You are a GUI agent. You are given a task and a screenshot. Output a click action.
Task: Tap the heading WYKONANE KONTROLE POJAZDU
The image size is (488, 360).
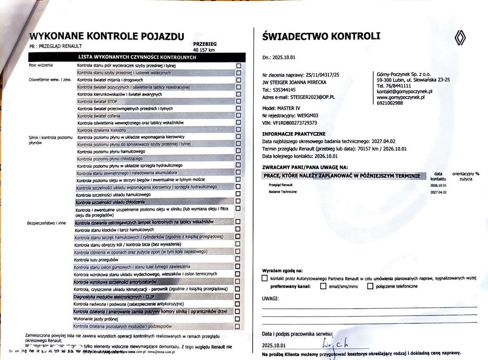(x=107, y=36)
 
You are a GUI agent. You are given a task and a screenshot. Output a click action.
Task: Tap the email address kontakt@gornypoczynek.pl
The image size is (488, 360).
(x=405, y=91)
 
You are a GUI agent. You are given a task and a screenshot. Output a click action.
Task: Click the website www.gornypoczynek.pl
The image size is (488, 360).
(x=401, y=97)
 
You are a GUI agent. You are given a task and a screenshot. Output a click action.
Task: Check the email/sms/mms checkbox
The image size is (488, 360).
(x=323, y=286)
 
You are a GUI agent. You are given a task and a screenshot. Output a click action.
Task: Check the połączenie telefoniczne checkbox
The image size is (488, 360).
(x=370, y=286)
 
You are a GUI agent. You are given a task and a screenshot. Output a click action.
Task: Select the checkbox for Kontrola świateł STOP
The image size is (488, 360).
(x=238, y=101)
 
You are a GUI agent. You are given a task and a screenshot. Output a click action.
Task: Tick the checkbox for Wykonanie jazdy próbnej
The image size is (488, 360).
(x=238, y=319)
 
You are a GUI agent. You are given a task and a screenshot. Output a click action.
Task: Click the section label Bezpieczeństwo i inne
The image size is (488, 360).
(x=47, y=223)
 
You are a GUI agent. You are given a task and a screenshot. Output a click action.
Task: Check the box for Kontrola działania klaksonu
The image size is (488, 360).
(x=238, y=130)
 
